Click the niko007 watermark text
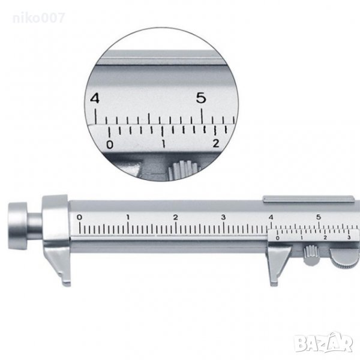tap(38, 18)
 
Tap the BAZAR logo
tap(324, 343)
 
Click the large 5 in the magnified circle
tap(201, 98)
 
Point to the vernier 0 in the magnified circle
tap(110, 145)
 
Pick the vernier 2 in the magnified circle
tap(216, 143)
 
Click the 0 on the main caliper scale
tap(79, 217)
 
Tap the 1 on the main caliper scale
tap(128, 217)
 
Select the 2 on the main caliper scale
tap(175, 217)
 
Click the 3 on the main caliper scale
tap(223, 217)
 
